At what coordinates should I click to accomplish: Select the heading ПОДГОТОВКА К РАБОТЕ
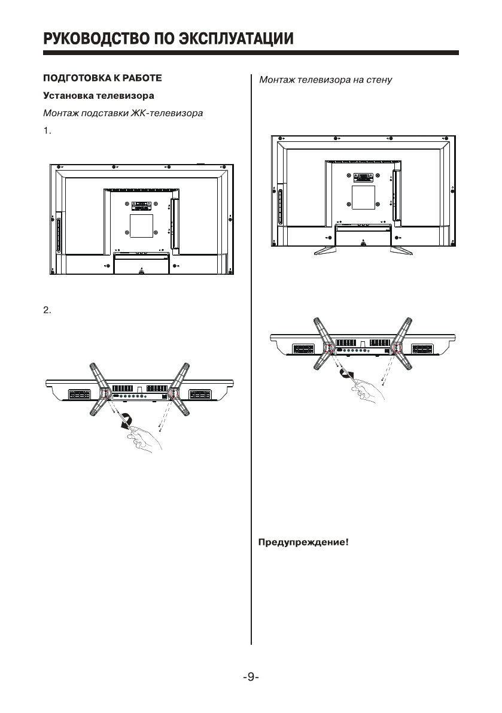click(101, 78)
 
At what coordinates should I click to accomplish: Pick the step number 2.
click(48, 310)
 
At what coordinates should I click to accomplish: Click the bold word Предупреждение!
click(303, 544)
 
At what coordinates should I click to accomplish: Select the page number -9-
click(251, 677)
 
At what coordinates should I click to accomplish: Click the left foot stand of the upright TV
click(324, 250)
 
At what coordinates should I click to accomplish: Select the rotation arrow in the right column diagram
click(346, 374)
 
